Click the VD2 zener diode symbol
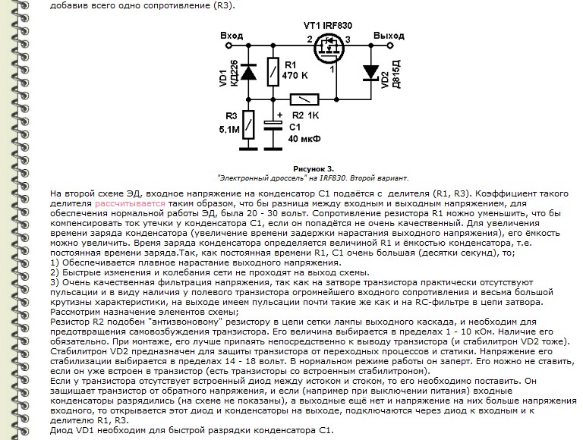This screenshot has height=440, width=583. [x=370, y=72]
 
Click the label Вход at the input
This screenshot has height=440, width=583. [x=231, y=36]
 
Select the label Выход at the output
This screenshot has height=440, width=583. [x=389, y=36]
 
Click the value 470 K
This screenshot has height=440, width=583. [x=296, y=77]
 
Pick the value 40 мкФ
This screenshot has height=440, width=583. [x=304, y=139]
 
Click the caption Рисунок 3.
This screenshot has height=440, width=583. [x=313, y=168]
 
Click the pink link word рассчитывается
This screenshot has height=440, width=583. [x=127, y=204]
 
